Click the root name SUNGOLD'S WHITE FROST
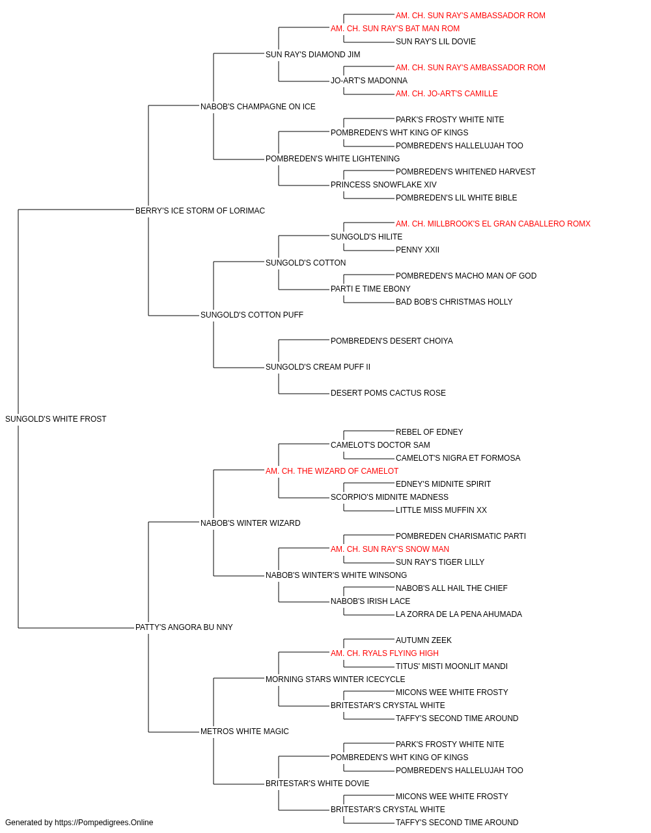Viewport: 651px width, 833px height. [55, 419]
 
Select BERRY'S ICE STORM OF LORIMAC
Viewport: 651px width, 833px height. [200, 211]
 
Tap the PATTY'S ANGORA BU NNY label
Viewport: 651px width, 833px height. [184, 627]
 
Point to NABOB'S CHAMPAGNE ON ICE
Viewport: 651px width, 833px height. [258, 107]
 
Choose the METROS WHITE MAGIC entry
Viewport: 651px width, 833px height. [245, 731]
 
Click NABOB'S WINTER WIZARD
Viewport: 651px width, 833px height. [251, 523]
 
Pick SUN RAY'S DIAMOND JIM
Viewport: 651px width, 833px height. [313, 55]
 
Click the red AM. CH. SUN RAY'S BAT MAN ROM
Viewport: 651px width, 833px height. [395, 29]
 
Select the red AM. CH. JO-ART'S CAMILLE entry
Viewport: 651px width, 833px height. [447, 94]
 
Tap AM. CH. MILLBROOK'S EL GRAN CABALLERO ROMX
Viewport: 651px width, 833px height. [493, 224]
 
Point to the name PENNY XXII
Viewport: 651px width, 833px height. [417, 250]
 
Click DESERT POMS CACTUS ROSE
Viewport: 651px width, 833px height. [388, 393]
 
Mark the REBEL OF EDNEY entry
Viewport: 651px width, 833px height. [430, 432]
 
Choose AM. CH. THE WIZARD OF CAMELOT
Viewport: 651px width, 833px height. [332, 471]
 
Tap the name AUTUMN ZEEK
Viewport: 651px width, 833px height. [424, 640]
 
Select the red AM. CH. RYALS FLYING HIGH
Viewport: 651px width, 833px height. [385, 653]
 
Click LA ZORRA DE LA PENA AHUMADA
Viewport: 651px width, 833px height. [459, 614]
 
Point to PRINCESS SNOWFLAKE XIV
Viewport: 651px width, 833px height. [383, 185]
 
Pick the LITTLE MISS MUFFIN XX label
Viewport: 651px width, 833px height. [441, 510]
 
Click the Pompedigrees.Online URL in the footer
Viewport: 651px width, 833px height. [104, 823]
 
